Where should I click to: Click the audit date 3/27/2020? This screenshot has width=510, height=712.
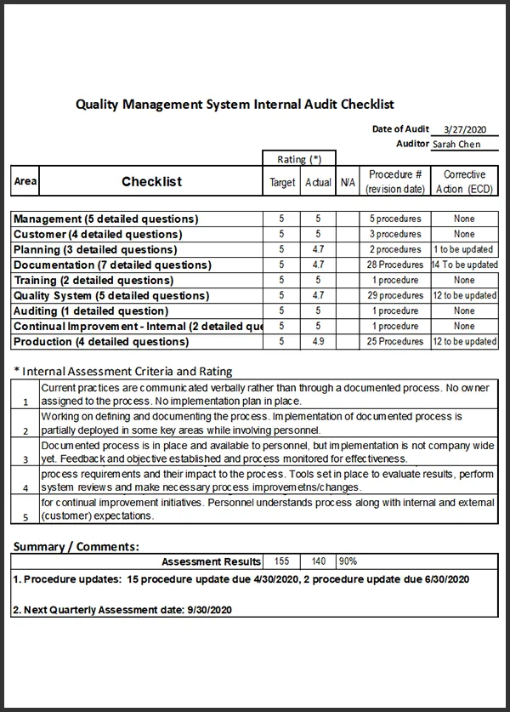pyautogui.click(x=464, y=130)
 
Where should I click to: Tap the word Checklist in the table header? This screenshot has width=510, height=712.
pyautogui.click(x=151, y=181)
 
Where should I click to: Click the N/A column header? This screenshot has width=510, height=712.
pyautogui.click(x=348, y=182)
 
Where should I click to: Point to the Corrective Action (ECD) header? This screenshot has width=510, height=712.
pyautogui.click(x=464, y=181)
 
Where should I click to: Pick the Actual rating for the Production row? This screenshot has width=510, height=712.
pyautogui.click(x=318, y=341)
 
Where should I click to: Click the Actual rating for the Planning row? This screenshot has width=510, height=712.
pyautogui.click(x=318, y=249)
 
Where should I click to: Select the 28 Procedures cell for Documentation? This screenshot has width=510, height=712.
pyautogui.click(x=394, y=265)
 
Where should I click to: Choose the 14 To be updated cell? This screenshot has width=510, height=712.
pyautogui.click(x=464, y=265)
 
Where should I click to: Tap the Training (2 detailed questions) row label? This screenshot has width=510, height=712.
pyautogui.click(x=93, y=280)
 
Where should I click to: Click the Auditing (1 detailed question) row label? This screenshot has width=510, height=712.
pyautogui.click(x=91, y=310)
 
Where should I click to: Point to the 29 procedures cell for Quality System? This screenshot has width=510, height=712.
pyautogui.click(x=394, y=295)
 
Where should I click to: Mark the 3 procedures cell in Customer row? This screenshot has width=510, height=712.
pyautogui.click(x=394, y=234)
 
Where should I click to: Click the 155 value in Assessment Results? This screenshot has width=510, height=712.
pyautogui.click(x=281, y=561)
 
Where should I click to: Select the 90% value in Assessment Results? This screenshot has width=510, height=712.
pyautogui.click(x=348, y=561)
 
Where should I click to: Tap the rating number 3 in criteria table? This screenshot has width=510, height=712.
pyautogui.click(x=25, y=459)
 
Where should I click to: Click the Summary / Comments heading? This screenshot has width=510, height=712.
pyautogui.click(x=76, y=546)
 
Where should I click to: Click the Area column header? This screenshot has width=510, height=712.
pyautogui.click(x=25, y=181)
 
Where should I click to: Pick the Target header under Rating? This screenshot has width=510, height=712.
pyautogui.click(x=282, y=182)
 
